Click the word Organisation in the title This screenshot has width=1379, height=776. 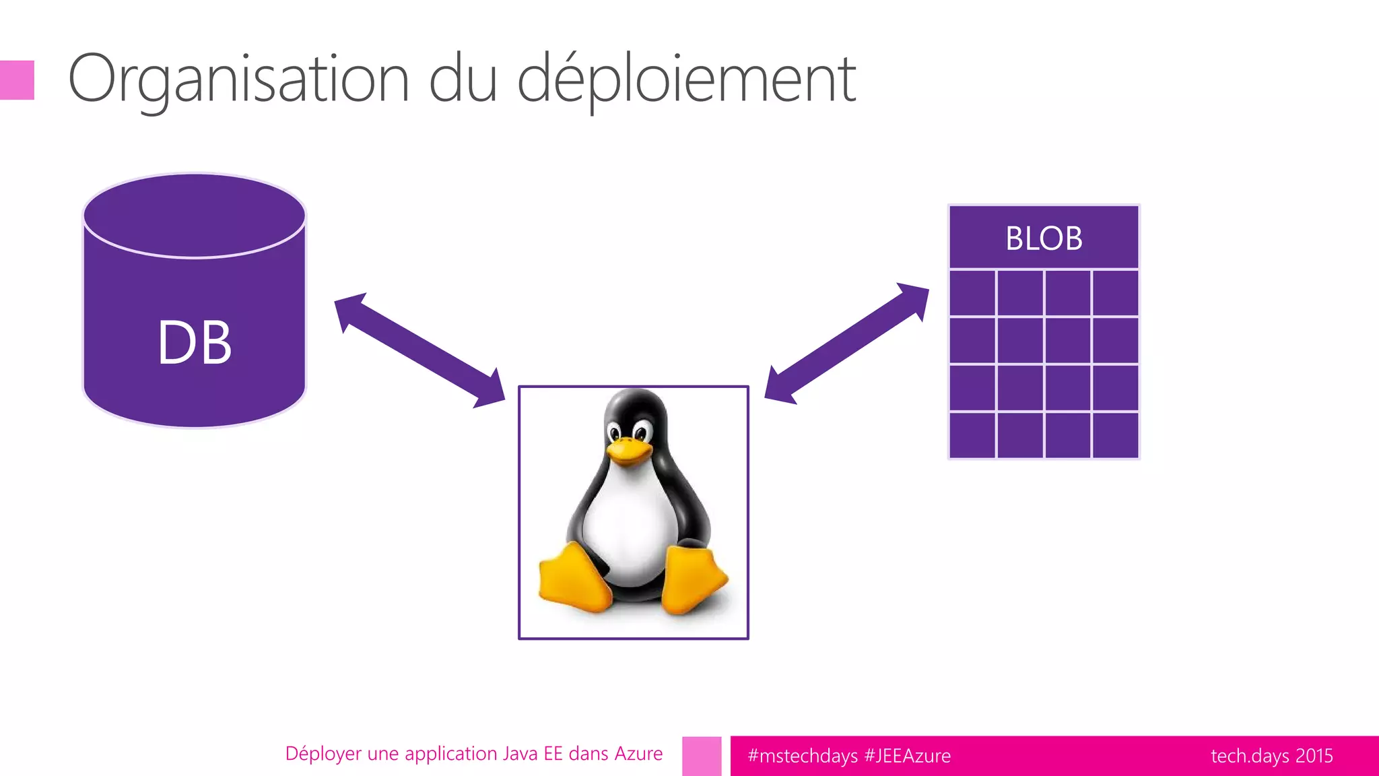(239, 79)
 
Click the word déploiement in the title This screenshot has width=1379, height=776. (687, 79)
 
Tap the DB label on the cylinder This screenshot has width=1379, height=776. (195, 342)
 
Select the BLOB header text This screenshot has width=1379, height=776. (1044, 238)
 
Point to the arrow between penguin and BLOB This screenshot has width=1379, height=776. (846, 344)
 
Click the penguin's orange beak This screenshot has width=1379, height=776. (629, 450)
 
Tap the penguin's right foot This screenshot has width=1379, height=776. (694, 579)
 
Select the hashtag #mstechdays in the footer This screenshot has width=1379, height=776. (802, 756)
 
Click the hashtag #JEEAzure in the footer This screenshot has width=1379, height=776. (907, 756)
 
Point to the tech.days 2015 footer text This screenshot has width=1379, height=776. (1271, 756)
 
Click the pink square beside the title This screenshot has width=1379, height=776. (17, 80)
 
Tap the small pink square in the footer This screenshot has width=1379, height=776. (702, 756)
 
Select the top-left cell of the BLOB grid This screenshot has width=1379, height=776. (972, 292)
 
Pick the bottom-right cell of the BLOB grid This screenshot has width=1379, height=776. (1115, 435)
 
